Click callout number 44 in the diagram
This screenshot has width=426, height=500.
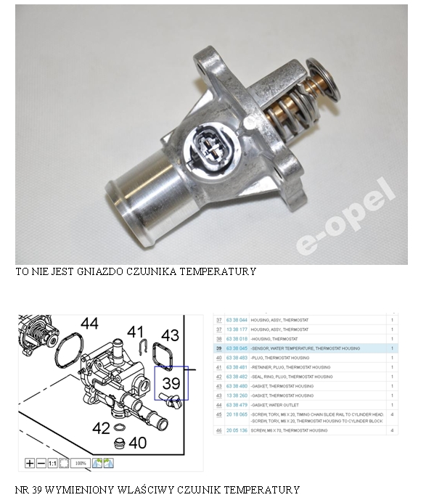pyautogui.click(x=89, y=324)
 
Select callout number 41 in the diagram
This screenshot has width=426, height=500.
pyautogui.click(x=136, y=333)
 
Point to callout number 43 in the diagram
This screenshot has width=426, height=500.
pyautogui.click(x=170, y=335)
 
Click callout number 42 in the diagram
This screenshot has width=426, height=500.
pyautogui.click(x=101, y=428)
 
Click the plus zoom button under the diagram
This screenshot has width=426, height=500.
pyautogui.click(x=30, y=462)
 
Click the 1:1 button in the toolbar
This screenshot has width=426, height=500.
pyautogui.click(x=52, y=462)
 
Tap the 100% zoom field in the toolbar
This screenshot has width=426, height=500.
pyautogui.click(x=81, y=462)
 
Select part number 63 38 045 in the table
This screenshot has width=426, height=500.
pyautogui.click(x=236, y=348)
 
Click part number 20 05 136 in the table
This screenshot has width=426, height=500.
pyautogui.click(x=236, y=430)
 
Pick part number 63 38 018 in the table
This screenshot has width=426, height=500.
pyautogui.click(x=236, y=339)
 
